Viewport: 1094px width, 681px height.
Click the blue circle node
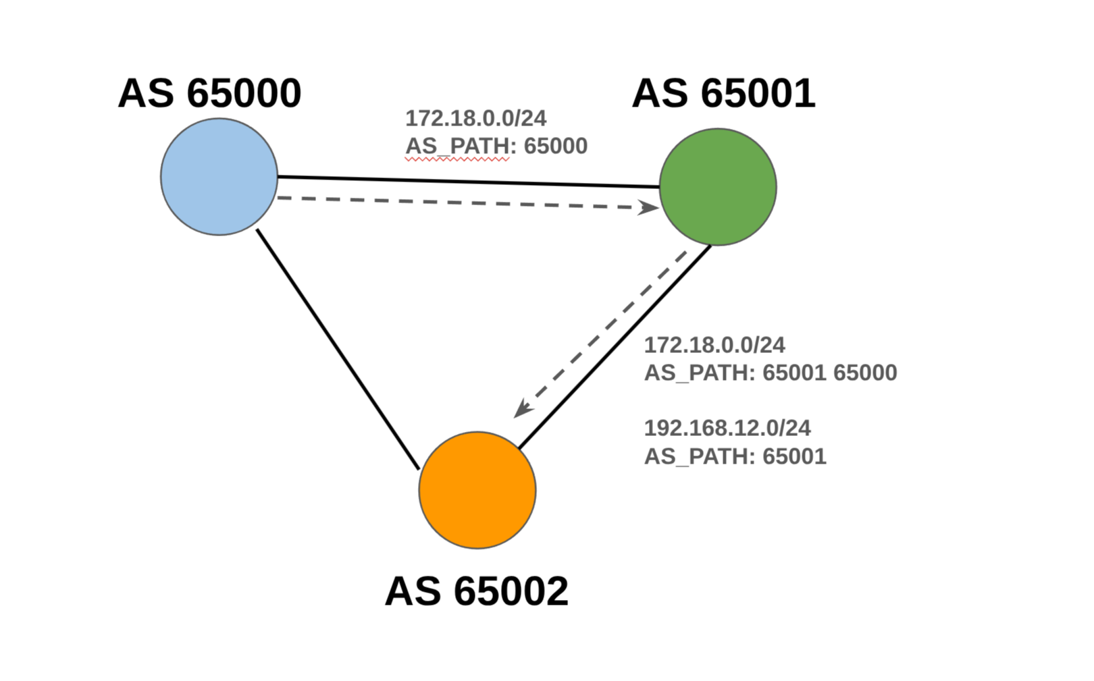pos(219,177)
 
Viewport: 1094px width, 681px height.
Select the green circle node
pos(718,187)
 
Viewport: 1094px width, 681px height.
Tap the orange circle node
pos(477,490)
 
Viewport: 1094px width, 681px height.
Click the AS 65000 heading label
pos(209,93)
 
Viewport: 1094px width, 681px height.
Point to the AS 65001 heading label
pos(723,93)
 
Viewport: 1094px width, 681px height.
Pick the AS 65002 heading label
pos(476,591)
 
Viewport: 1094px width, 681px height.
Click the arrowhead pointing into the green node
pos(650,207)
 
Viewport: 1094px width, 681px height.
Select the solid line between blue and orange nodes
pos(338,349)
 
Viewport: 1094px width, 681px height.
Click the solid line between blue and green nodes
pos(468,182)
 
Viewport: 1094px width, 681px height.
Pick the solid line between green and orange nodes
pos(615,347)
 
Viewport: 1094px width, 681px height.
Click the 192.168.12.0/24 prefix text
pos(727,428)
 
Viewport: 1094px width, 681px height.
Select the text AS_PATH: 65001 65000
pos(771,373)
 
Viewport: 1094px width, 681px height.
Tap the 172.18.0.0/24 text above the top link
pos(475,118)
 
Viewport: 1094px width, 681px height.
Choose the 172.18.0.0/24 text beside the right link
pos(714,345)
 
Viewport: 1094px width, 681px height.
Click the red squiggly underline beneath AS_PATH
pos(457,160)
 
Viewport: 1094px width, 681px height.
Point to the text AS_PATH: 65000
pos(496,146)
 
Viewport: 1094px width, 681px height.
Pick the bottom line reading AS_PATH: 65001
pos(735,456)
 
